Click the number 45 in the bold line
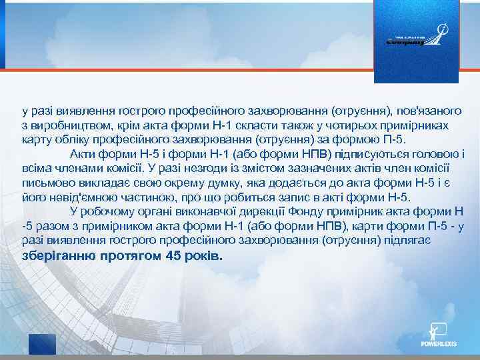point(173,257)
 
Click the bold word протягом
point(130,257)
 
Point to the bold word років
point(204,257)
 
